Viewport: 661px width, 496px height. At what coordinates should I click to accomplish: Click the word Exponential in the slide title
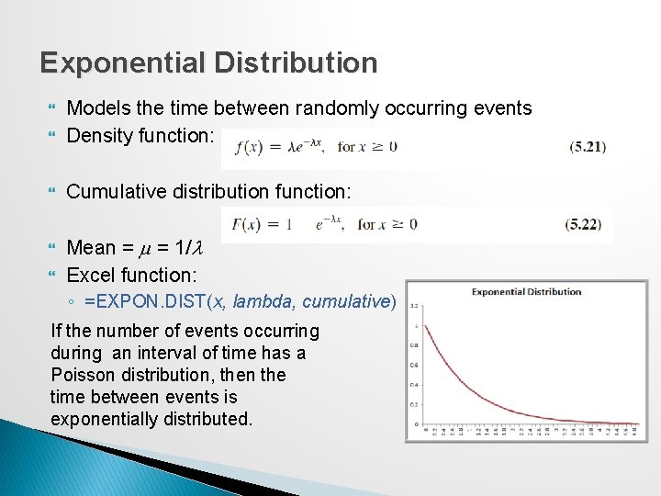123,62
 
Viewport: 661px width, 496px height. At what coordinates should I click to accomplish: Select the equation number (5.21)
588,145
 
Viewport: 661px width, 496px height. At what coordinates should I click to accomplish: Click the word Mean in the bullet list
92,247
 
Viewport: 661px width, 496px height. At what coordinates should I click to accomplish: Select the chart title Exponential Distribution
526,292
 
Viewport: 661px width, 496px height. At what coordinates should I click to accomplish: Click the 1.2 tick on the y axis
414,306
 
